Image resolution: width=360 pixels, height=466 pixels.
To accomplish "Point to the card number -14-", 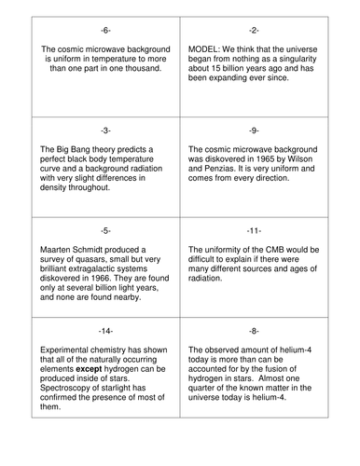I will pos(107,330).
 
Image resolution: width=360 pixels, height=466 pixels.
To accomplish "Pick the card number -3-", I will pos(107,130).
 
